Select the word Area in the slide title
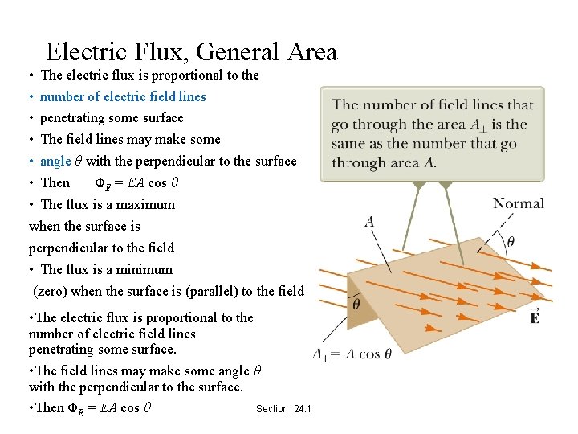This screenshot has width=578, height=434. (310, 52)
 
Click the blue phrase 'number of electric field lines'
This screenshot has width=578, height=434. (123, 96)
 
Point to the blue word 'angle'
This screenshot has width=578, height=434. (55, 162)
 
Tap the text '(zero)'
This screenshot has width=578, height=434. (50, 291)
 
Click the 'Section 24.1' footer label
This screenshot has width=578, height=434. (283, 409)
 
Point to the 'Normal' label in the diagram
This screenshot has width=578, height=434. (518, 203)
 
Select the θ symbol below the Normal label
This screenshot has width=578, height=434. (511, 241)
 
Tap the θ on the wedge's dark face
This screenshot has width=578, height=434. (356, 305)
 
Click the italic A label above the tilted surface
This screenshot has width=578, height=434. (369, 221)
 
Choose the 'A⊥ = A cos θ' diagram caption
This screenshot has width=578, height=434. (352, 354)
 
